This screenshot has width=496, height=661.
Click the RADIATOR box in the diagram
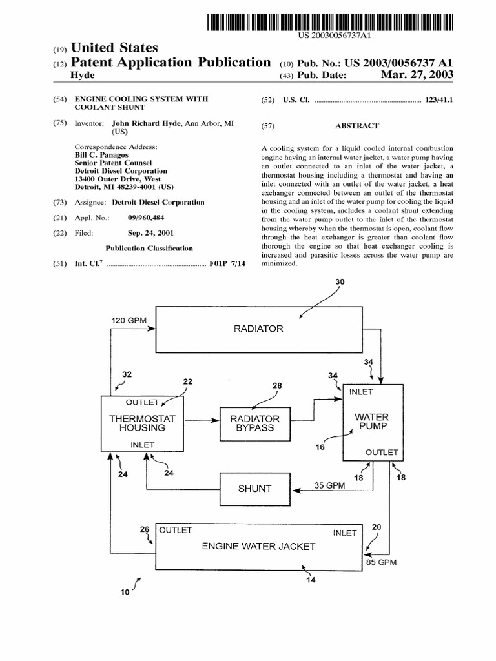tap(258, 329)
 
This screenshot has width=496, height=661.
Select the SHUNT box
tap(254, 489)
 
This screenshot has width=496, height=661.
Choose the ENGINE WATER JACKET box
tap(258, 546)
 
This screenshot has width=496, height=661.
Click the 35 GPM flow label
tap(330, 485)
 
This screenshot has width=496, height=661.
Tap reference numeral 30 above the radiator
tap(340, 281)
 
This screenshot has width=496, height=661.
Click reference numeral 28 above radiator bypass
tap(276, 385)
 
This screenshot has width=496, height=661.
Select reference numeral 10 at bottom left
tap(125, 591)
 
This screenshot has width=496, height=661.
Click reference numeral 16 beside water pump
tap(320, 447)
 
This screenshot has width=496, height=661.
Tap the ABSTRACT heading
tap(357, 126)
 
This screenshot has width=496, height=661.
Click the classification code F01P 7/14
tap(225, 264)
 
